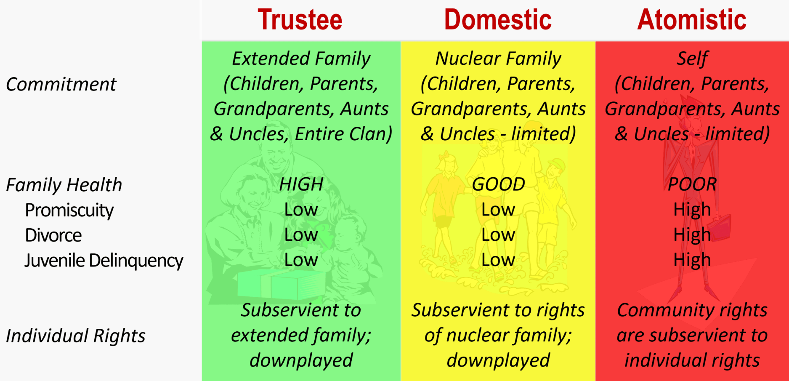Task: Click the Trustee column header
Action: point(300,20)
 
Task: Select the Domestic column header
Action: point(498,20)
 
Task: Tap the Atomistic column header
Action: point(692,20)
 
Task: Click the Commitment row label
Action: point(61,84)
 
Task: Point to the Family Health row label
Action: point(64,185)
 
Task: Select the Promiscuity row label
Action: point(69,210)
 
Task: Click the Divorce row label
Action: point(53,235)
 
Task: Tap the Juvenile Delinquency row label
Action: point(104,261)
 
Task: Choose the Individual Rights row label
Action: point(76,336)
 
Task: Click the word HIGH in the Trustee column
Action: point(301,184)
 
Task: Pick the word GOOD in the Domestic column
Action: point(498,184)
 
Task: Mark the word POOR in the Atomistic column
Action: point(692,184)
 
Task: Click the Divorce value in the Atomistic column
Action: point(692,235)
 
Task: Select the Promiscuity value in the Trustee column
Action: point(301,210)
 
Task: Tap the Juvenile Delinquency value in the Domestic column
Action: point(498,260)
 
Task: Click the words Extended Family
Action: point(301,59)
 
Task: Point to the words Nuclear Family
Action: point(498,59)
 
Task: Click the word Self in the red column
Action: point(692,59)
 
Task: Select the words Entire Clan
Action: point(343,134)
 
